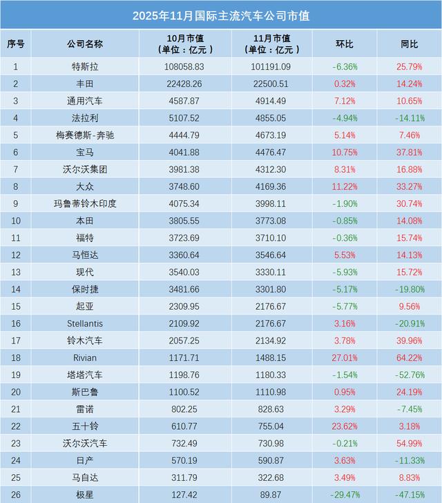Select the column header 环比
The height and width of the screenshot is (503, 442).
(345, 43)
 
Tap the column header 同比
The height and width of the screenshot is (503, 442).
(410, 43)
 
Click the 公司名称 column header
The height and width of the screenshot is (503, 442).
(85, 43)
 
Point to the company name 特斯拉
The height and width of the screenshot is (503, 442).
(85, 67)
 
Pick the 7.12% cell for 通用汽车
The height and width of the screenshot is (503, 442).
(345, 101)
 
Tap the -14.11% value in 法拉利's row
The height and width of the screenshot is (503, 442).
(410, 118)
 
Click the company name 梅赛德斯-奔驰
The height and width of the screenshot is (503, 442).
(85, 135)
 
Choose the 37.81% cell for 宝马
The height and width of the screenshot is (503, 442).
(410, 152)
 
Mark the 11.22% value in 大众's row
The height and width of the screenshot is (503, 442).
(345, 186)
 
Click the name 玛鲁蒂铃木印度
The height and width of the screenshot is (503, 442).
(85, 204)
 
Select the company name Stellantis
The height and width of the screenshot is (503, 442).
(85, 323)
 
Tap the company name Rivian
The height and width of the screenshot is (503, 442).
(85, 357)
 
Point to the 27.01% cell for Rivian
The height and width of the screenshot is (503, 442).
(345, 357)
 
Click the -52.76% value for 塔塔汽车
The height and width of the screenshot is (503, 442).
(410, 375)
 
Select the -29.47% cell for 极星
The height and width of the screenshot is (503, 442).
(345, 494)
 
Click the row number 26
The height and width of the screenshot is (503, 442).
(16, 494)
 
